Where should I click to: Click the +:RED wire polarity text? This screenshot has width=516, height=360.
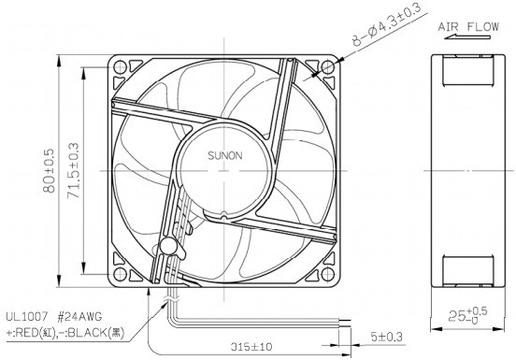(x=33, y=332)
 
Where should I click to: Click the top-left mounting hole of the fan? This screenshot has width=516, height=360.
(x=120, y=67)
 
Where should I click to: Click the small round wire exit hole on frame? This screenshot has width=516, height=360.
(x=168, y=246)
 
